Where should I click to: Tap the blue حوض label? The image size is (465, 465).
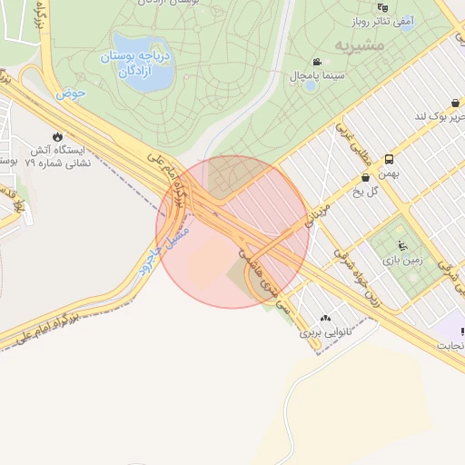70,93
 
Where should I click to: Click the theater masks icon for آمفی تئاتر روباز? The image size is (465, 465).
383,7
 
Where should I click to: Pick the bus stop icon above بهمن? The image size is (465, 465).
390,158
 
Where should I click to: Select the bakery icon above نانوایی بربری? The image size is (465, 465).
325,319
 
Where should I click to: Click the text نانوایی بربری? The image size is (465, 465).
325,332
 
